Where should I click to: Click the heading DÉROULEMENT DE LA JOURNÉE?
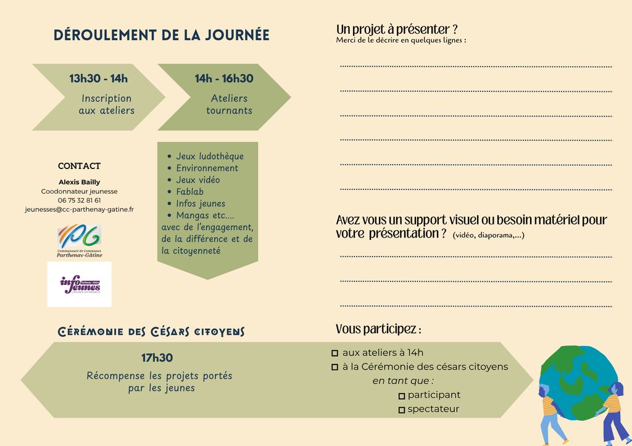pyautogui.click(x=162, y=35)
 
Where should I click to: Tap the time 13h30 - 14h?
pyautogui.click(x=99, y=78)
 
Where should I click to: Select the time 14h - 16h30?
pyautogui.click(x=224, y=78)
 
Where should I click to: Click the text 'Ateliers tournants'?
pyautogui.click(x=229, y=104)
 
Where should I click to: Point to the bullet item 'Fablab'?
pyautogui.click(x=189, y=192)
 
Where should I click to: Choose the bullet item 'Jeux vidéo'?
pyautogui.click(x=197, y=180)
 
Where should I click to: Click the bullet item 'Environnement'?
pyautogui.click(x=207, y=168)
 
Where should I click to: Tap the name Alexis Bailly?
pyautogui.click(x=79, y=182)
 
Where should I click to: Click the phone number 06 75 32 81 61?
pyautogui.click(x=79, y=200)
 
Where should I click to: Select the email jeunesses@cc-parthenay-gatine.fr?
pyautogui.click(x=79, y=210)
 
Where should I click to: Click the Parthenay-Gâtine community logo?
pyautogui.click(x=80, y=241)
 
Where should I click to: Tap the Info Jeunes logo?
pyautogui.click(x=80, y=284)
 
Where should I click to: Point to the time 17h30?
pyautogui.click(x=157, y=358)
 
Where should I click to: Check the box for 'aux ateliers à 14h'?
pyautogui.click(x=335, y=353)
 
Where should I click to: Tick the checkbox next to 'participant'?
pyautogui.click(x=402, y=396)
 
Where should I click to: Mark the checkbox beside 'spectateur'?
pyautogui.click(x=402, y=410)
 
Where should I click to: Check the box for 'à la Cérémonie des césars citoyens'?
pyautogui.click(x=335, y=368)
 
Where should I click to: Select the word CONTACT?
pyautogui.click(x=79, y=166)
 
